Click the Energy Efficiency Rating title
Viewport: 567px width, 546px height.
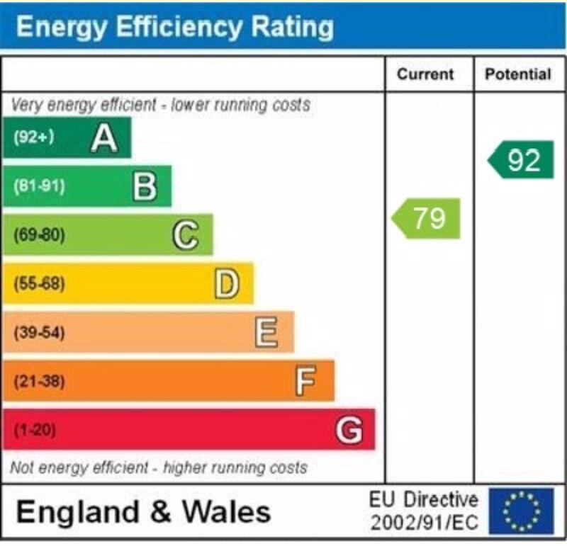[x=174, y=26]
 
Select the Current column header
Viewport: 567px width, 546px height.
[x=425, y=74]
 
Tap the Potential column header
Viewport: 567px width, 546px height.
[x=518, y=74]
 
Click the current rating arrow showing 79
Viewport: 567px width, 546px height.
[x=427, y=218]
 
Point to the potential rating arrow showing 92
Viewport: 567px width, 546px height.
[x=522, y=160]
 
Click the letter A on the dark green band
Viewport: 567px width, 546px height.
[x=104, y=137]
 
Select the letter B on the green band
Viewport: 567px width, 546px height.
[x=145, y=186]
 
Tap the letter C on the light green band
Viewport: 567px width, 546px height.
[x=186, y=235]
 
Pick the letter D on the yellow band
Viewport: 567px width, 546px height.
[x=227, y=284]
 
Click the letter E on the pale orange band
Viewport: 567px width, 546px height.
[x=266, y=333]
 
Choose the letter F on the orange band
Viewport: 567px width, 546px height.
[x=305, y=382]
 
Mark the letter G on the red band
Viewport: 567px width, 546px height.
[x=349, y=430]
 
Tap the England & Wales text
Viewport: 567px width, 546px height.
[x=143, y=512]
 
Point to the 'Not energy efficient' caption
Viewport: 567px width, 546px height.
[x=159, y=468]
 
